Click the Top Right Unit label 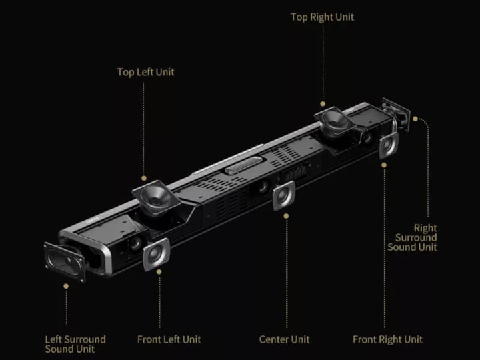click(x=323, y=17)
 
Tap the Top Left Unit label click(x=146, y=72)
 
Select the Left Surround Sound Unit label click(x=75, y=344)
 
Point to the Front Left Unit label click(x=169, y=339)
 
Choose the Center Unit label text click(x=284, y=339)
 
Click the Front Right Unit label click(x=387, y=339)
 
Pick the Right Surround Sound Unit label click(x=413, y=237)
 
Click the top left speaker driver click(x=156, y=197)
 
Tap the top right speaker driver click(x=335, y=121)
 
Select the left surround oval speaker click(x=65, y=262)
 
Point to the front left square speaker click(x=156, y=254)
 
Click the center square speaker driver click(x=284, y=195)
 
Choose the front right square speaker click(x=389, y=145)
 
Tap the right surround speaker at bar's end click(x=396, y=114)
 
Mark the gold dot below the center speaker click(x=286, y=216)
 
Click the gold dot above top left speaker click(x=144, y=178)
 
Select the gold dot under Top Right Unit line click(x=323, y=104)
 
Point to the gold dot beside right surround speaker click(x=415, y=119)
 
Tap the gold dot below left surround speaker click(x=66, y=286)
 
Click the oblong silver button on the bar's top click(x=243, y=165)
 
